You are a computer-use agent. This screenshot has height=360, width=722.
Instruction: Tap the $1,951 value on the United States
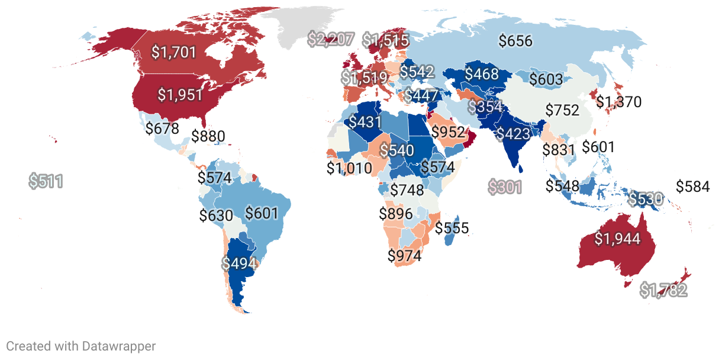[180, 95]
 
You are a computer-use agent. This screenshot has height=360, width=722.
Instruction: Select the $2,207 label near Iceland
[331, 40]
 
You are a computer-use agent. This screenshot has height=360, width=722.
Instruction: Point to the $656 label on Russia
[515, 41]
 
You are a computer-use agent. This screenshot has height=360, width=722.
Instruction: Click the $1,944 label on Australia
[617, 239]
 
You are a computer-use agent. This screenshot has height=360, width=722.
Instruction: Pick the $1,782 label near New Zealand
[663, 290]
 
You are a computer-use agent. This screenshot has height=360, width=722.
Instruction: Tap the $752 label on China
[563, 110]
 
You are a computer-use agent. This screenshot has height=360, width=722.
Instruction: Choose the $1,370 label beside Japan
[618, 102]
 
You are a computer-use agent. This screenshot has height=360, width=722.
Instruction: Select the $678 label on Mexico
[162, 128]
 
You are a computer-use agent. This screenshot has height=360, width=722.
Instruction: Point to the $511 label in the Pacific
[46, 181]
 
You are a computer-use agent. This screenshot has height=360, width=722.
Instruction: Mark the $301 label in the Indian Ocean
[505, 188]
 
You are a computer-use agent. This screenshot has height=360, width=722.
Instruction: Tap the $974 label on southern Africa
[404, 256]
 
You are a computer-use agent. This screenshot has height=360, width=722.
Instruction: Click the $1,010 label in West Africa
[349, 168]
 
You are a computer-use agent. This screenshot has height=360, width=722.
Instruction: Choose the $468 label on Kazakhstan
[481, 75]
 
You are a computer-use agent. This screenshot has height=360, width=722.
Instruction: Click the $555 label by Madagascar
[452, 228]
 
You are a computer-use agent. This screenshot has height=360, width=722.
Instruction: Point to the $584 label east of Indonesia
[692, 187]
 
